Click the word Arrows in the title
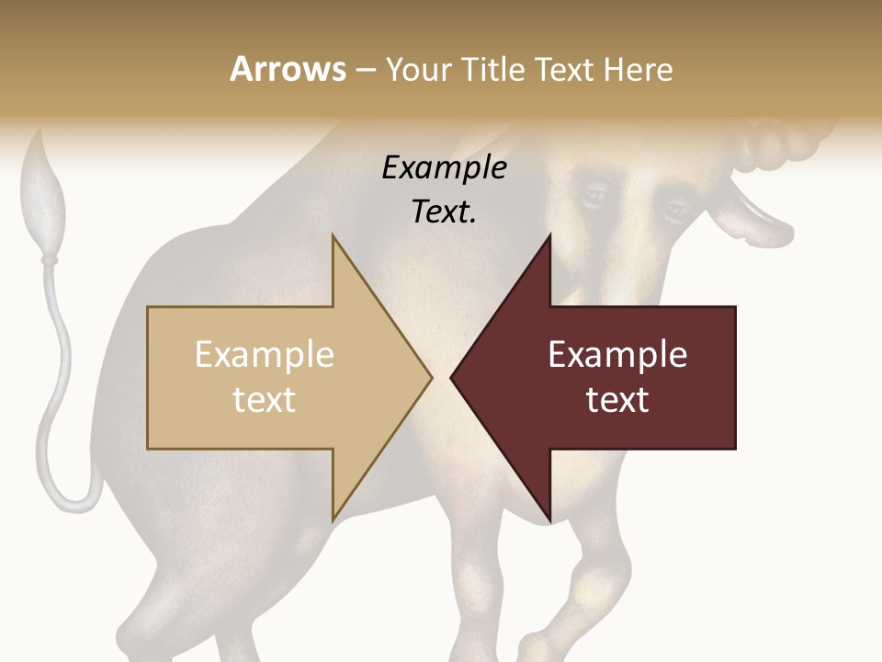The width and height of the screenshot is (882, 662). [288, 69]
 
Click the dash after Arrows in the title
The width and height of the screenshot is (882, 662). [365, 71]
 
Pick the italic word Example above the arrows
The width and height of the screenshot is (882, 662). [444, 168]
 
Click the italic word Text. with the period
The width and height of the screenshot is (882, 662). [444, 211]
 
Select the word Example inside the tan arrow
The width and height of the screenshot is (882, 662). [264, 355]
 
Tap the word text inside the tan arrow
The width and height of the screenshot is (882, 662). [264, 399]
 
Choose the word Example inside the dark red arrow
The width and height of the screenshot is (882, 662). [617, 355]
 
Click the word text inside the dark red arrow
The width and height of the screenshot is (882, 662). [617, 399]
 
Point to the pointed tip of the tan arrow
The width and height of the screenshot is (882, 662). [431, 377]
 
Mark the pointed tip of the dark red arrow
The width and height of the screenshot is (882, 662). [451, 377]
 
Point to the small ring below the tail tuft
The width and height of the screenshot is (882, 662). [48, 261]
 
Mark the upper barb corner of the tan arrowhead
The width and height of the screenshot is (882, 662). [333, 236]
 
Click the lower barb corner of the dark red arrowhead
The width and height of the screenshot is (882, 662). [549, 520]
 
